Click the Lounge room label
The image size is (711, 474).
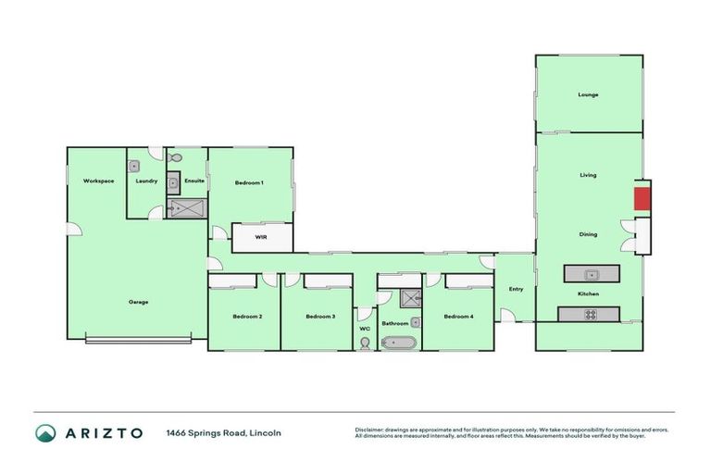[x=588, y=94]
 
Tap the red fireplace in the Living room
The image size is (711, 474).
[x=641, y=198]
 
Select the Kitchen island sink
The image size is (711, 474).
[x=590, y=273]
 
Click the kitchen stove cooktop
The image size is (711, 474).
[x=590, y=314]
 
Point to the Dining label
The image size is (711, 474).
[x=588, y=234]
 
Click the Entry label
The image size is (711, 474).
[x=516, y=289]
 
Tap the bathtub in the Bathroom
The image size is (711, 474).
[x=399, y=343]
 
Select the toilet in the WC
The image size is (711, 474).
[x=365, y=343]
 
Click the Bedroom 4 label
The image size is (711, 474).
[x=458, y=317]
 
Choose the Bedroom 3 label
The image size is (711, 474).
[x=319, y=317]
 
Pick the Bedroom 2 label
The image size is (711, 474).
[x=247, y=317]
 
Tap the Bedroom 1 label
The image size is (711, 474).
[x=249, y=182]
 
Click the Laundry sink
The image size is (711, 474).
[x=134, y=166]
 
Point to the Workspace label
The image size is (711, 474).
[x=98, y=181]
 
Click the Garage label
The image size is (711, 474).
[x=138, y=302]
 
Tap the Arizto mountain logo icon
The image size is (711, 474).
[x=45, y=433]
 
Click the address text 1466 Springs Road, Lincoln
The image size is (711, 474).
[x=223, y=433]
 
